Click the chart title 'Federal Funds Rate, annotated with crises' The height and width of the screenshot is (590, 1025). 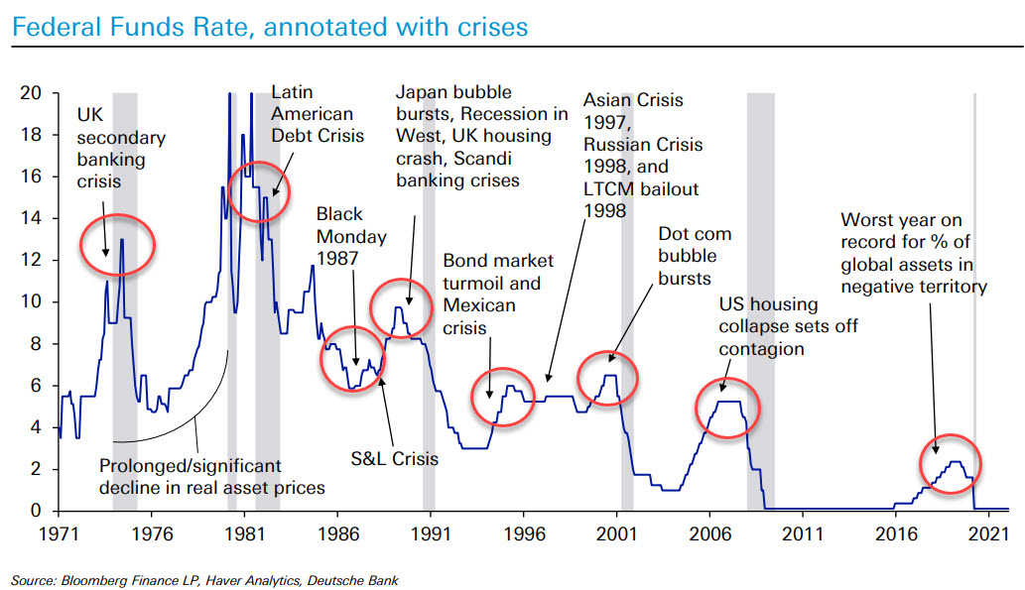[269, 27]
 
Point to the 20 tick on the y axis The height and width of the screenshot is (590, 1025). [32, 93]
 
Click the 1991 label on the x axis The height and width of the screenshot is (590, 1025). [430, 532]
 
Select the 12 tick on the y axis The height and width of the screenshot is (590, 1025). [32, 260]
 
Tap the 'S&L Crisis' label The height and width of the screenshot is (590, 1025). [394, 459]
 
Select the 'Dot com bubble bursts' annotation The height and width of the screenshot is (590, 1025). [695, 257]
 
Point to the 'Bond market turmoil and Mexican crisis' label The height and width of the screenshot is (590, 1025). [498, 294]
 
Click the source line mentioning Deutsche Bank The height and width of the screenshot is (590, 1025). [204, 579]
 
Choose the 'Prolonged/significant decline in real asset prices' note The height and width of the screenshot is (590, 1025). [212, 475]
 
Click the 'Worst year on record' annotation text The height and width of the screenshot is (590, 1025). [913, 253]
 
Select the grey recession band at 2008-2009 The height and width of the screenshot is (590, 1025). [760, 297]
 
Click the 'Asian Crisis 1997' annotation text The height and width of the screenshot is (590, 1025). [641, 155]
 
